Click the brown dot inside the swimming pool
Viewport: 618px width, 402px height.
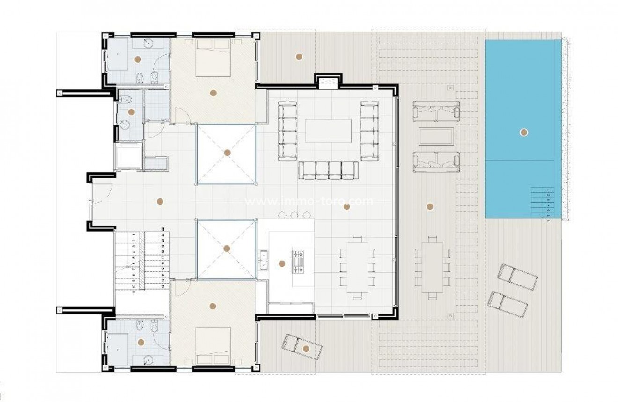click(x=524, y=132)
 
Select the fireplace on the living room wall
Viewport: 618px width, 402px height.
click(x=328, y=83)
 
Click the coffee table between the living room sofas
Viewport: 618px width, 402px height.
click(x=328, y=131)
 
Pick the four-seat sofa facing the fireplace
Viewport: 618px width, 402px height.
click(x=328, y=170)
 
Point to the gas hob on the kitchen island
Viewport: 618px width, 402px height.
click(x=298, y=261)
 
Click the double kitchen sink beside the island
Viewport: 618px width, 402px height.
click(x=263, y=260)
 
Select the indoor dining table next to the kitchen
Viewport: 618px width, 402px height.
click(x=357, y=267)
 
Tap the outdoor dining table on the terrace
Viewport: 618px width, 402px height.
click(x=432, y=267)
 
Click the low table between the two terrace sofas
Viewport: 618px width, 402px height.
click(x=436, y=137)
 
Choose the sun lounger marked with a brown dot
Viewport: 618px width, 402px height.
click(x=302, y=346)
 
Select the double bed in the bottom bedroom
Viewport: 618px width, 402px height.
click(x=213, y=346)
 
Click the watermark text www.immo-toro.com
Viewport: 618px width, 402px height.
click(x=309, y=202)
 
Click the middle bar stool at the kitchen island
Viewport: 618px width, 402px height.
click(x=294, y=214)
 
